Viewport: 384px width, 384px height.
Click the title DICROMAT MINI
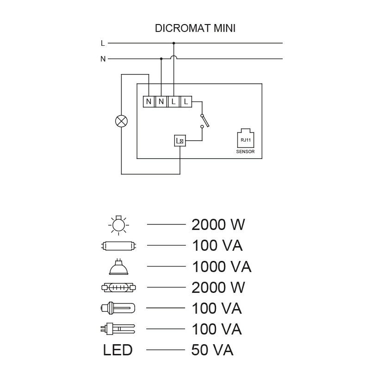tap(195, 28)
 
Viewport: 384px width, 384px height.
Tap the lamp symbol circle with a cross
tap(122, 121)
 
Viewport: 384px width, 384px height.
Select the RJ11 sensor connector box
tap(246, 138)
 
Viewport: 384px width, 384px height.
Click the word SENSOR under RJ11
tap(245, 152)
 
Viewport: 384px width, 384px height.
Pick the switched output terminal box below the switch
tap(180, 141)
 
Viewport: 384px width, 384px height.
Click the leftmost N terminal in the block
tap(149, 101)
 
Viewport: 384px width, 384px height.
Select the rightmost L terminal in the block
tap(186, 101)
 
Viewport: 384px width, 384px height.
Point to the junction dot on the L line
tap(173, 43)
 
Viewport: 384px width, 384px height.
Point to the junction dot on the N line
tap(161, 59)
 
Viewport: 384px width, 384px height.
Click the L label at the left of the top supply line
tap(103, 43)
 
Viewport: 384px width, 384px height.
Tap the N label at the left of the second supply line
tap(103, 59)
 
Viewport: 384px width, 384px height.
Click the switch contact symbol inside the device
tap(204, 121)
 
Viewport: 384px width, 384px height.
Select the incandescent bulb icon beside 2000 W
tap(118, 225)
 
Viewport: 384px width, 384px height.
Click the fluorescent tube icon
tap(119, 246)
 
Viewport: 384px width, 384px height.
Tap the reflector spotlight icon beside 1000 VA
tap(118, 266)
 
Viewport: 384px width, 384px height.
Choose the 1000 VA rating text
tap(222, 266)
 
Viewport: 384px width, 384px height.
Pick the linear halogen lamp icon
tap(119, 287)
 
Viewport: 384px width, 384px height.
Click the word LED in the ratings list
tap(118, 350)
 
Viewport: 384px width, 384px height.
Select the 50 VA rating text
tap(212, 350)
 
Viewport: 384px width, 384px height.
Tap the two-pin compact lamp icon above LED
tap(118, 329)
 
